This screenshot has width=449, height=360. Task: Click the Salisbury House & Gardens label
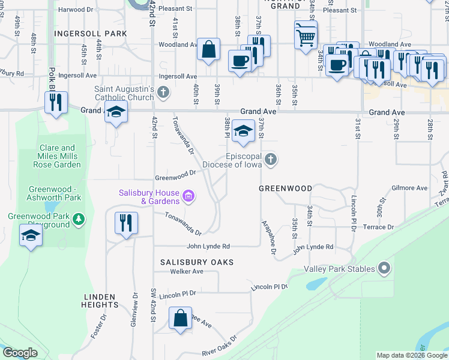tap(149, 197)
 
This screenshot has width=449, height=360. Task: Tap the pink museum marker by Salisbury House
tap(188, 196)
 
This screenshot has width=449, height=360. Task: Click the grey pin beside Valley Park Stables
tap(384, 269)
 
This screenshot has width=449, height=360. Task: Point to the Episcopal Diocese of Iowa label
tap(234, 160)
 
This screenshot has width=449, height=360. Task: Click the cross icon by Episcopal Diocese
tap(271, 159)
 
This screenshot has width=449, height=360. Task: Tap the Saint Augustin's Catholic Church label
tap(125, 93)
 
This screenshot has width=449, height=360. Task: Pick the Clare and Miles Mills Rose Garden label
tap(59, 156)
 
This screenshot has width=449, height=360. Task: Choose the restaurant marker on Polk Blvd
tap(56, 103)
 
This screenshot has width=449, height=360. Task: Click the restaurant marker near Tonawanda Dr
tap(126, 224)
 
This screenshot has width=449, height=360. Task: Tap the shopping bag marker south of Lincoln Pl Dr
tap(181, 319)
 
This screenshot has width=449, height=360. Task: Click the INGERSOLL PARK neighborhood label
tap(91, 34)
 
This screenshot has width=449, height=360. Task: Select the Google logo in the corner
tap(20, 353)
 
